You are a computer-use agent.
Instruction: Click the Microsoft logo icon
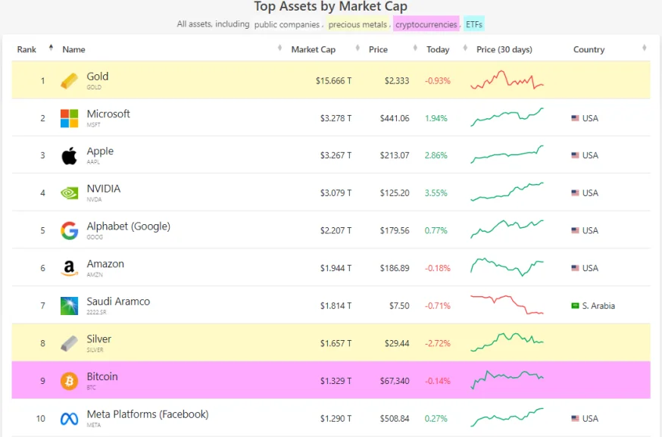[69, 118]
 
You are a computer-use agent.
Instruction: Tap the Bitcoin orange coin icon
[69, 381]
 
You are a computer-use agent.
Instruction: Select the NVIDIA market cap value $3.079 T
[333, 193]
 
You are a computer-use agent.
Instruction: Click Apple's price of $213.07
[395, 155]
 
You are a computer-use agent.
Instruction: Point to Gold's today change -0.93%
[437, 80]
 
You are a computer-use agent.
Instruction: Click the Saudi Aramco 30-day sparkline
[507, 305]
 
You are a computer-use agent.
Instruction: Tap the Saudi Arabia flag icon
[575, 306]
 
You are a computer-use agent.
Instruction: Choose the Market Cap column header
[313, 50]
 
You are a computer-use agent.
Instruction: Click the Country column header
[589, 50]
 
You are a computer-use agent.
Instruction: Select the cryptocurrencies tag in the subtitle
[426, 24]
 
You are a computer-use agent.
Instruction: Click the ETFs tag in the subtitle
[474, 24]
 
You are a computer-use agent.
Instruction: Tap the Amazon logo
[69, 268]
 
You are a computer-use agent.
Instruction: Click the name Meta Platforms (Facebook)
[147, 414]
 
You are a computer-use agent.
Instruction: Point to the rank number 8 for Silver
[42, 343]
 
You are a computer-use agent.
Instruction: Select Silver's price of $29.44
[397, 343]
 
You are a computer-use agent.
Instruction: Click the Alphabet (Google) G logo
[69, 230]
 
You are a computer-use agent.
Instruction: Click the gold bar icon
[69, 80]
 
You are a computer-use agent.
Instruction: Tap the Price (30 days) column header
[504, 50]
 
